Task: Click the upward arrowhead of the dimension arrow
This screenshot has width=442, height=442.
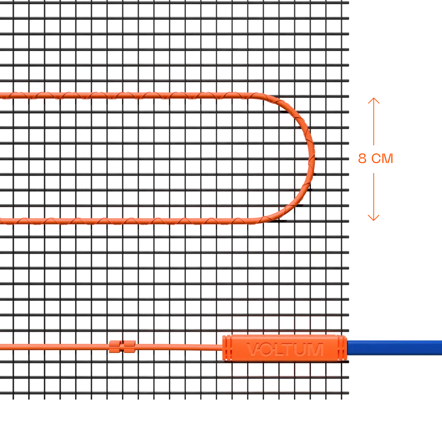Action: (373, 100)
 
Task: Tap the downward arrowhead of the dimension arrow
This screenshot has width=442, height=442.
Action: (373, 218)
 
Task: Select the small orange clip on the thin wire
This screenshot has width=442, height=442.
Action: (122, 346)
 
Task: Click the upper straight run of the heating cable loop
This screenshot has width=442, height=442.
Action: (133, 95)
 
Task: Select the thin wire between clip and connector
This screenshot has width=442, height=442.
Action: (177, 347)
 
